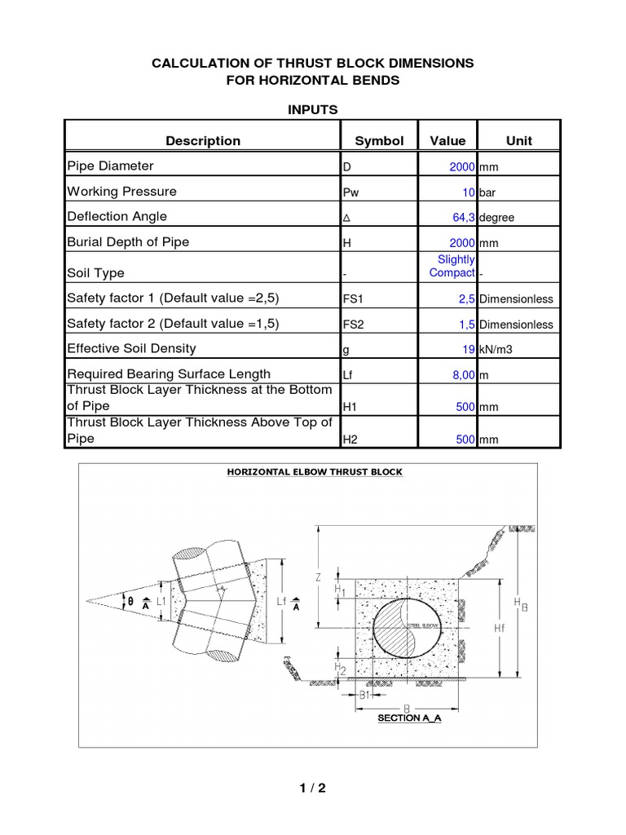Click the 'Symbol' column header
coord(379,140)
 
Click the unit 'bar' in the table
coord(488,192)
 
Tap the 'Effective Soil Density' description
coord(131,348)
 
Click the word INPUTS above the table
coord(313,109)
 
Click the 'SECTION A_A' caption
coord(409,719)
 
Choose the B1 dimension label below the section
coord(367,695)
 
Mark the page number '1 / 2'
coord(312,788)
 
